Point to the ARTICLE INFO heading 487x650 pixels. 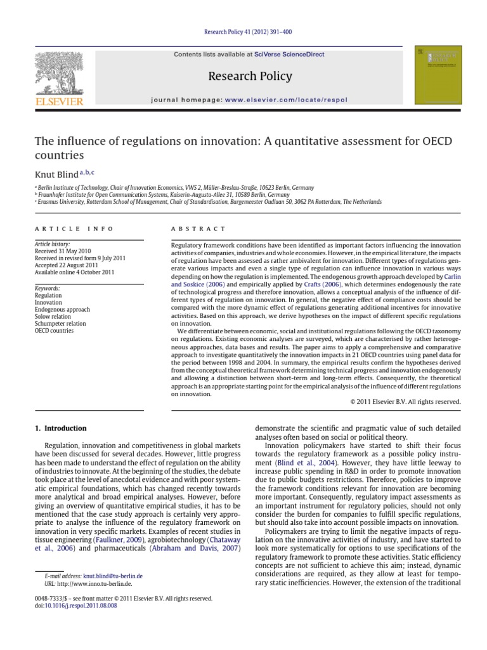pyautogui.click(x=74, y=229)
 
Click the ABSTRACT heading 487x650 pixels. pyautogui.click(x=198, y=229)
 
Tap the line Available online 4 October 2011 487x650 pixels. pyautogui.click(x=73, y=272)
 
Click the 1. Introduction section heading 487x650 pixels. pyautogui.click(x=60, y=428)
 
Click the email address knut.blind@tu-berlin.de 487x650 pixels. pyautogui.click(x=113, y=576)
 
